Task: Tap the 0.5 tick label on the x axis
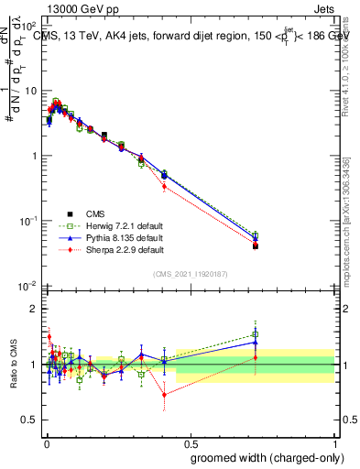[x=190, y=442]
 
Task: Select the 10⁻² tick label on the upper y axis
[x=29, y=286]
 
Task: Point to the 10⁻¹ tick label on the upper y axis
[x=29, y=221]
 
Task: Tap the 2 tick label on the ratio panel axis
[x=34, y=309]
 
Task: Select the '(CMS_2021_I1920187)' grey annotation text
[x=191, y=274]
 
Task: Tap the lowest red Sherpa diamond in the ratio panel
[x=164, y=396]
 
